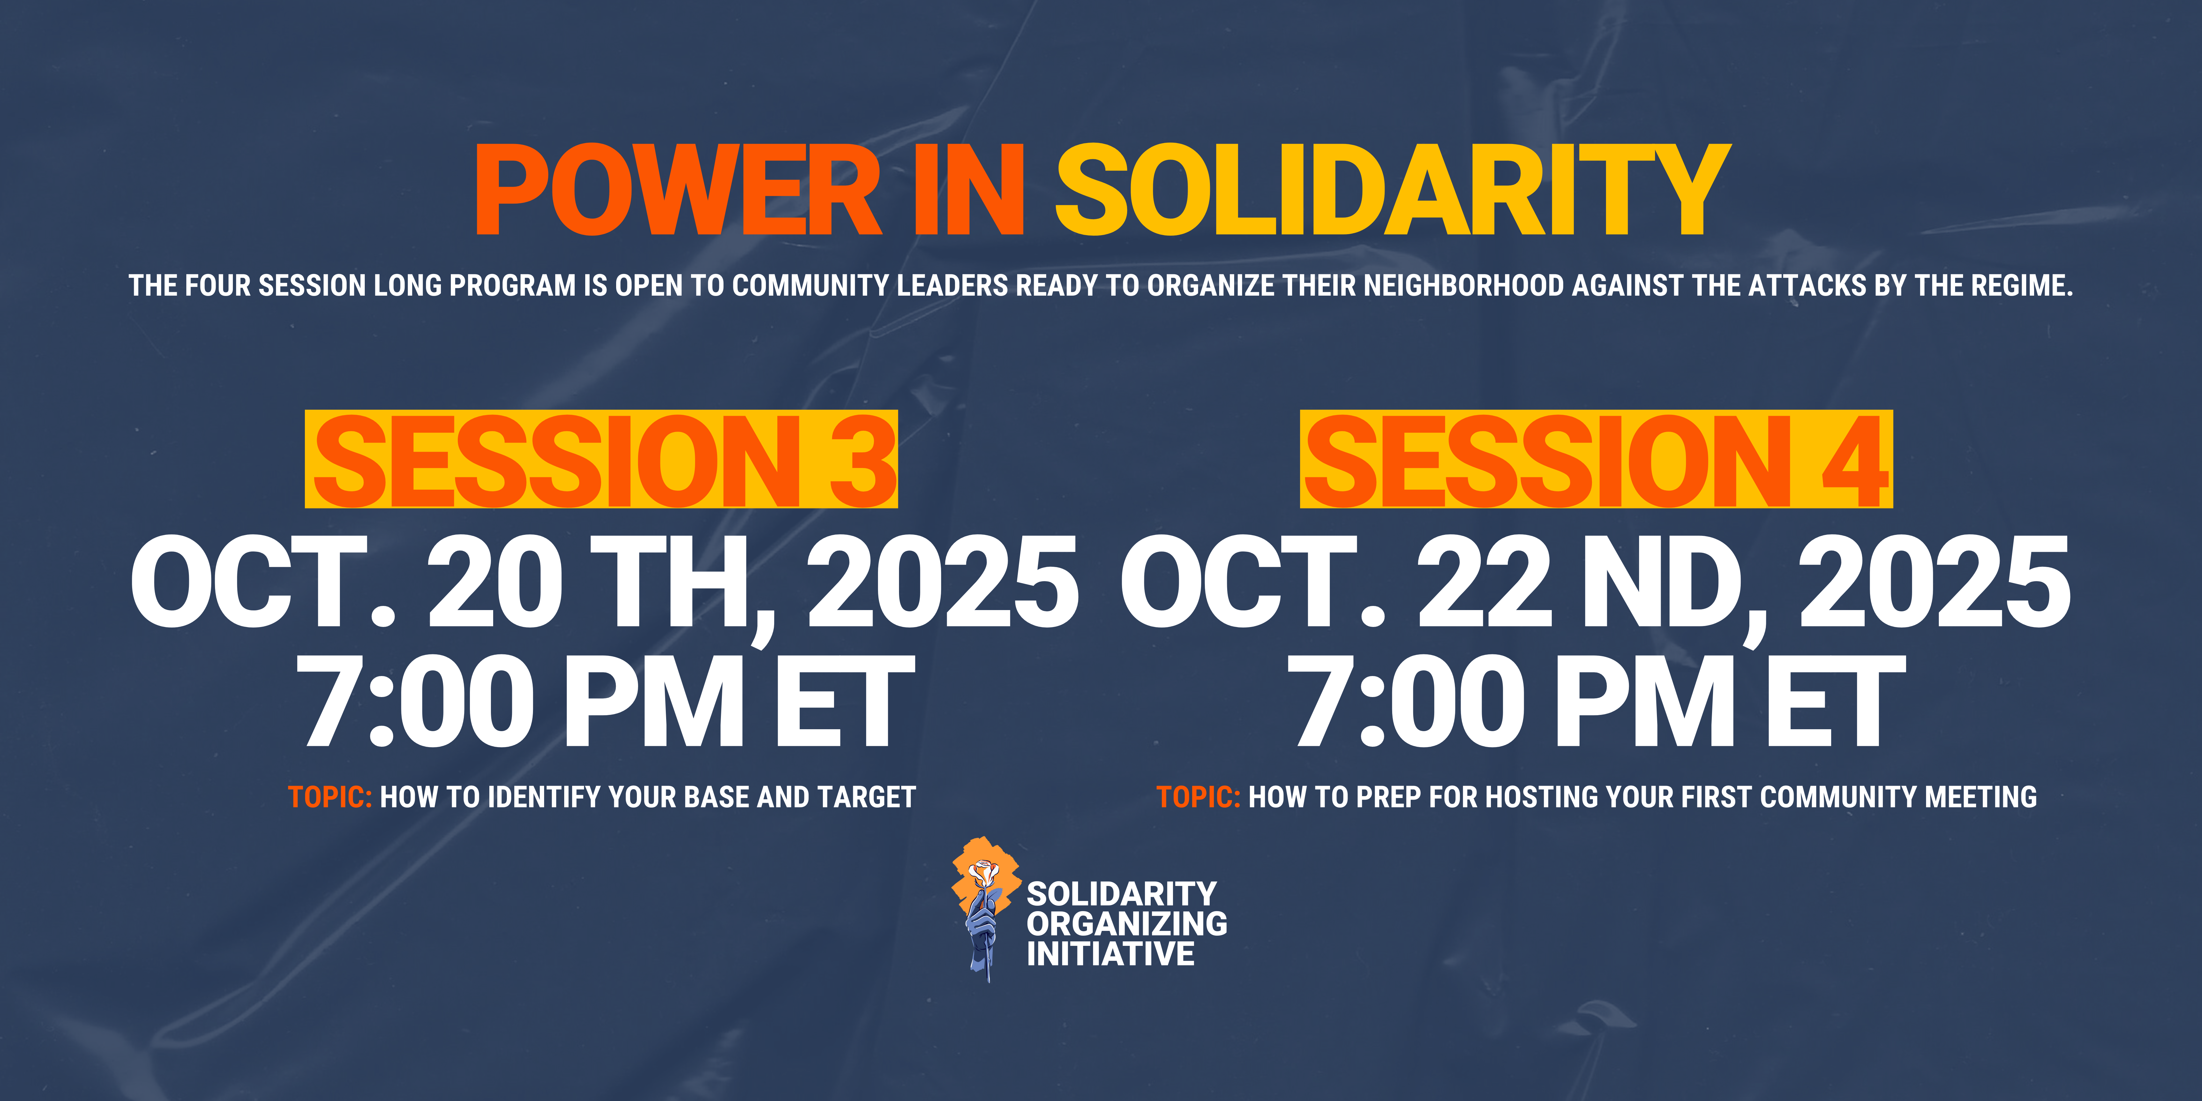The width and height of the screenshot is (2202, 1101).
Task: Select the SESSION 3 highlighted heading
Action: click(x=602, y=460)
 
